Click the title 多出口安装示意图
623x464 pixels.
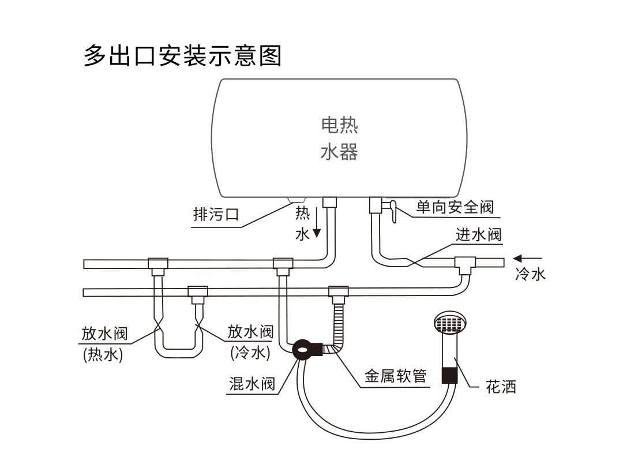click(x=182, y=55)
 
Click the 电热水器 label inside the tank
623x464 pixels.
click(x=339, y=139)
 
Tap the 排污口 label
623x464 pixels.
click(x=216, y=215)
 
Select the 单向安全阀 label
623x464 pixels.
click(x=455, y=207)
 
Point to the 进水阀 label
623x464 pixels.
click(x=478, y=234)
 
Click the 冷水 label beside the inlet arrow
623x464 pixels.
click(x=531, y=274)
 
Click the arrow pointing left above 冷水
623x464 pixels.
click(x=528, y=259)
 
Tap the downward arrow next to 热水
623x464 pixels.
click(x=317, y=222)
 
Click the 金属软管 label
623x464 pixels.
click(x=396, y=376)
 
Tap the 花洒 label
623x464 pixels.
click(x=501, y=387)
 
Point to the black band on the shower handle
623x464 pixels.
click(x=450, y=375)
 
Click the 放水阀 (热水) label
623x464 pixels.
click(x=104, y=343)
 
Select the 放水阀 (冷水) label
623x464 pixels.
click(x=250, y=342)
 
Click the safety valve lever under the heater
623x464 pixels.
click(x=393, y=211)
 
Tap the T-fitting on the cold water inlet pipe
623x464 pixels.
click(x=466, y=265)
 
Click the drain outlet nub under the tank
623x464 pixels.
click(x=297, y=200)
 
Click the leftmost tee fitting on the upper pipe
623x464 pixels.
click(x=158, y=267)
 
